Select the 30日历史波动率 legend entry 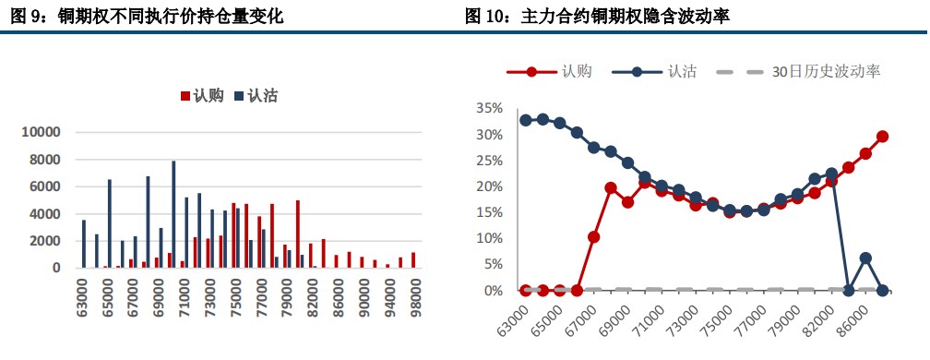coord(812,71)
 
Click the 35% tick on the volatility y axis coord(490,108)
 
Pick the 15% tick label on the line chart coord(490,212)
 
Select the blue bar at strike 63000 coord(84,244)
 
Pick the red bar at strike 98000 coord(413,260)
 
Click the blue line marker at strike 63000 coord(526,120)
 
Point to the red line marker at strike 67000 coord(594,237)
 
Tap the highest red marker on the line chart coord(882,136)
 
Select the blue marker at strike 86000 coord(865,258)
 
